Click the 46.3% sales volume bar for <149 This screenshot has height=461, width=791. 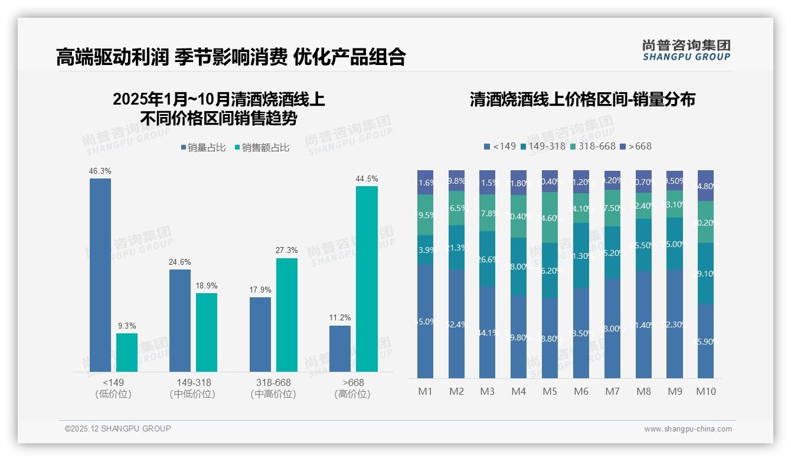100,275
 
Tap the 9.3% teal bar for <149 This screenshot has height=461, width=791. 127,352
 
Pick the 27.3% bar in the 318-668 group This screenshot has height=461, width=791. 287,315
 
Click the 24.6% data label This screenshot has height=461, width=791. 180,262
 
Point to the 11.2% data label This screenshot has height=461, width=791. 340,318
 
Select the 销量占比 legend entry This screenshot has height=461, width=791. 203,148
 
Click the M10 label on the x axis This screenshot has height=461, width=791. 706,391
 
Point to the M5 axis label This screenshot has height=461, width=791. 550,391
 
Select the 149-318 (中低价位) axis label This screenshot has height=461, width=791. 193,388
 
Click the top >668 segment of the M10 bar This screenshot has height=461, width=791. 706,186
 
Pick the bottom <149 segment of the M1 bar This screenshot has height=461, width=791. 426,321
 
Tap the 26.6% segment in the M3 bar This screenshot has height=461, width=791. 488,259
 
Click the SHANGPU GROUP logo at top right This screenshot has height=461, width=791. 687,50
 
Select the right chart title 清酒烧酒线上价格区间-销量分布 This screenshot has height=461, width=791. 582,99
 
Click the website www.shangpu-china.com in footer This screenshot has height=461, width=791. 688,429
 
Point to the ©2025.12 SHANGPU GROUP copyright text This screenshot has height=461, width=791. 118,428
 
